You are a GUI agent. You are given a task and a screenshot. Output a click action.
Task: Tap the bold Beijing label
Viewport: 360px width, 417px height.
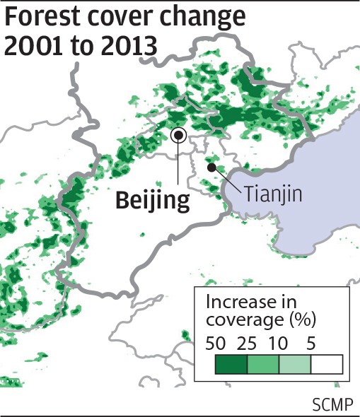(153, 201)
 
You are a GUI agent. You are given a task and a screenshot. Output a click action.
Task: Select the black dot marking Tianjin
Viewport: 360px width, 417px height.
(211, 168)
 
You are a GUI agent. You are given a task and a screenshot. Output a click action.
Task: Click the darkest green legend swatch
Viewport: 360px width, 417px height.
(231, 364)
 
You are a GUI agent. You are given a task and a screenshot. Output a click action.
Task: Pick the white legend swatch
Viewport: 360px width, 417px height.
(327, 364)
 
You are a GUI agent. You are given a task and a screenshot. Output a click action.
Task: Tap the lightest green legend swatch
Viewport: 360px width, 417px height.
(295, 364)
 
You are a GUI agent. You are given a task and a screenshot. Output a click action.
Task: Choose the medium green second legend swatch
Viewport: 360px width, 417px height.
(263, 364)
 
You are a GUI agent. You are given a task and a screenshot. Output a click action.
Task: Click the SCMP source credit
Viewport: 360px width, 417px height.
(332, 405)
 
